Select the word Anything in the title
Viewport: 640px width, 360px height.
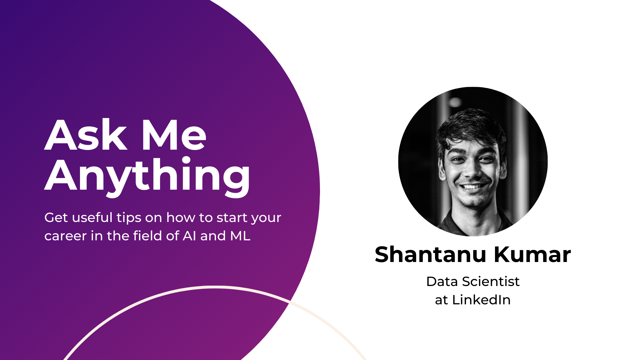click(147, 176)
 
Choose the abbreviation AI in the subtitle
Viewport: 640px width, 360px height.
click(189, 236)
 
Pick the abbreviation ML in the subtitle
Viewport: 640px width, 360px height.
click(240, 236)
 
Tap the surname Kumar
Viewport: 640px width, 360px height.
click(532, 255)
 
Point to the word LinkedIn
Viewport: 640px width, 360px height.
click(481, 300)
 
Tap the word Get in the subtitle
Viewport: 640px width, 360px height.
click(56, 218)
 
